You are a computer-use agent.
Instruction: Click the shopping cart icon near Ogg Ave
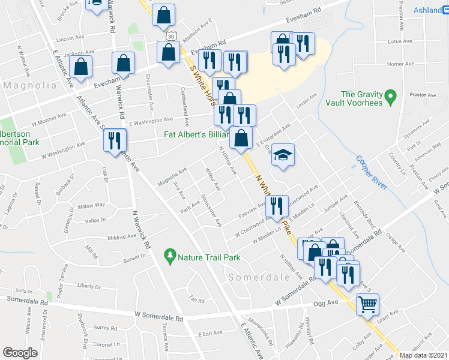click(x=367, y=304)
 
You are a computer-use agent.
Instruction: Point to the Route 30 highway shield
click(x=172, y=38)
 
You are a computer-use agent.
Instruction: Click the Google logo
click(x=20, y=352)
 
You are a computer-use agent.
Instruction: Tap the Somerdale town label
click(x=252, y=277)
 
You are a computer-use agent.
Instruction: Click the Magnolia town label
click(x=30, y=86)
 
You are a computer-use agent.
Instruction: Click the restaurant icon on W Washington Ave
click(x=114, y=139)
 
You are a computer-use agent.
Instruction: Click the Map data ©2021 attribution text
click(x=424, y=355)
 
